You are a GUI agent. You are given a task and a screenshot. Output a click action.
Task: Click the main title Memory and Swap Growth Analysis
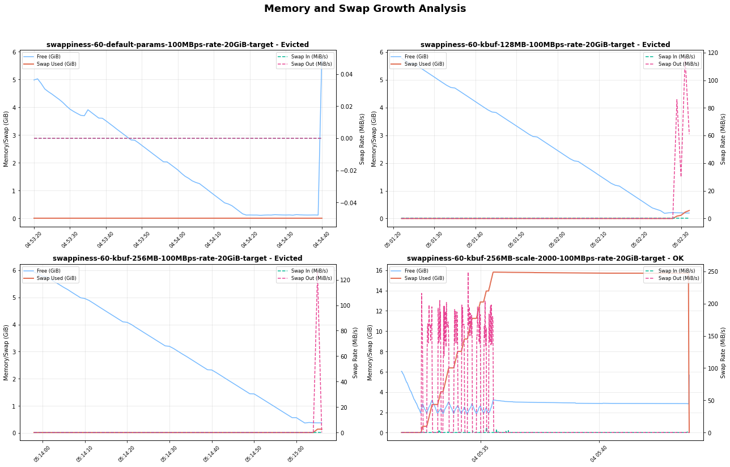point(365,9)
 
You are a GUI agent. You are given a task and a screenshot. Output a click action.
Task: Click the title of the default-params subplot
point(177,45)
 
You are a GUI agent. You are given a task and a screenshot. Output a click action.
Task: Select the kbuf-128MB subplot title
point(545,45)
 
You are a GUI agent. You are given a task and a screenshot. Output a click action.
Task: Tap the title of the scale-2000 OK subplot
point(545,258)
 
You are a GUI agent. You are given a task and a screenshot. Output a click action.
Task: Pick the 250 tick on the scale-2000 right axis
point(713,272)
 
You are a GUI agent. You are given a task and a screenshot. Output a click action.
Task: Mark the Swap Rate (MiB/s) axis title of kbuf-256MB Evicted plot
point(355,353)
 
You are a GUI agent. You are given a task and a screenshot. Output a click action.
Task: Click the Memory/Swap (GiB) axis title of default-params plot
point(6,138)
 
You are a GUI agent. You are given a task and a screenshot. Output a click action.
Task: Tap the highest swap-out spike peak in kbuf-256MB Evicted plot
point(317,281)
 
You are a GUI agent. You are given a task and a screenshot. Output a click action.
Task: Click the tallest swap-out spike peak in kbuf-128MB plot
point(685,67)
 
